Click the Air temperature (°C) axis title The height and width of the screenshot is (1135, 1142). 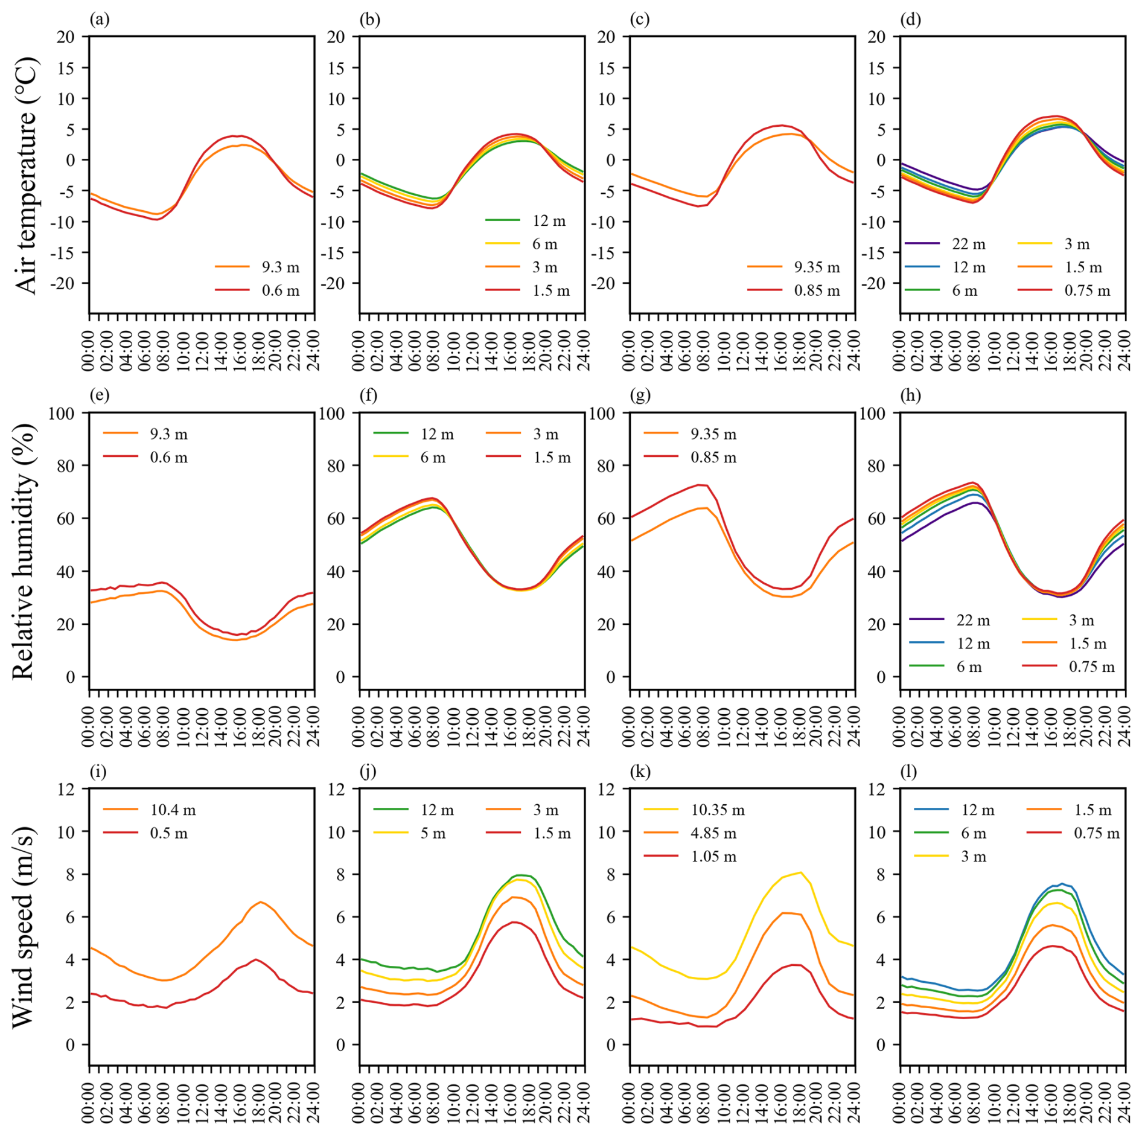[25, 175]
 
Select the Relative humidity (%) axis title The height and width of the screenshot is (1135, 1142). [25, 551]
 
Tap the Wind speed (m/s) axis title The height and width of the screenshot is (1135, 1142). [25, 927]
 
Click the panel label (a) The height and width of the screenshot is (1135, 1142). [100, 20]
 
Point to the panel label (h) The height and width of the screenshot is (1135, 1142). [910, 395]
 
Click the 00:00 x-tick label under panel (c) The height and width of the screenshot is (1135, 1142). [630, 350]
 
